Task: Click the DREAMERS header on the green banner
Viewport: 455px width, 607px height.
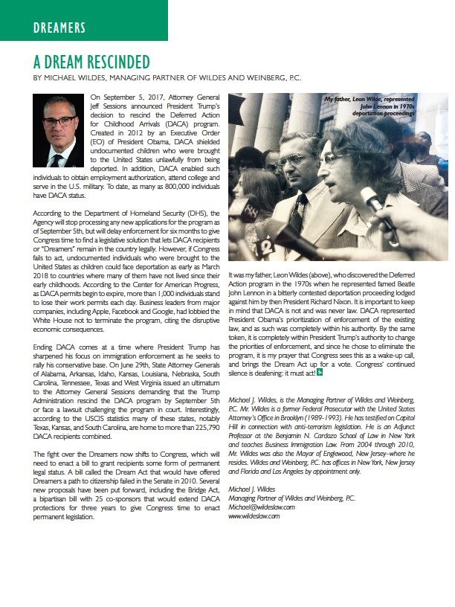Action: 59,28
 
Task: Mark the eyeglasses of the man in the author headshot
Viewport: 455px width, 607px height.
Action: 57,121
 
